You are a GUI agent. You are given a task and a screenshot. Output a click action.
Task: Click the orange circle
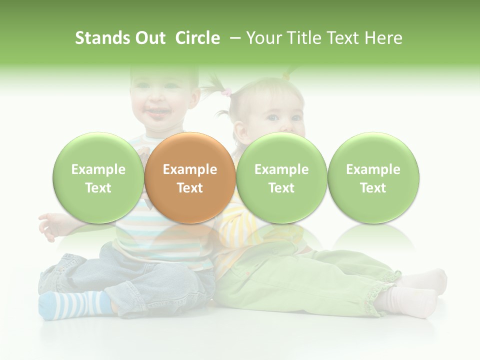190,177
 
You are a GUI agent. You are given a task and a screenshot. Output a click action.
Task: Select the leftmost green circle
98,177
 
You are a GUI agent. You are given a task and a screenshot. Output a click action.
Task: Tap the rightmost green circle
373,177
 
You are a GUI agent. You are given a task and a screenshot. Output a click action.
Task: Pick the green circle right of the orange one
281,177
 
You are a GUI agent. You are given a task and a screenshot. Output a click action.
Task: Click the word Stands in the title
102,38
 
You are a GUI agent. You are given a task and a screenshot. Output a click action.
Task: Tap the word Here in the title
383,38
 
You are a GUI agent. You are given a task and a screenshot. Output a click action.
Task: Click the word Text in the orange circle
190,188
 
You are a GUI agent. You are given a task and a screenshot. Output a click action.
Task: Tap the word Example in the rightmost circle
373,169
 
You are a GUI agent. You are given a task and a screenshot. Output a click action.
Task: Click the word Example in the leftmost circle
98,169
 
